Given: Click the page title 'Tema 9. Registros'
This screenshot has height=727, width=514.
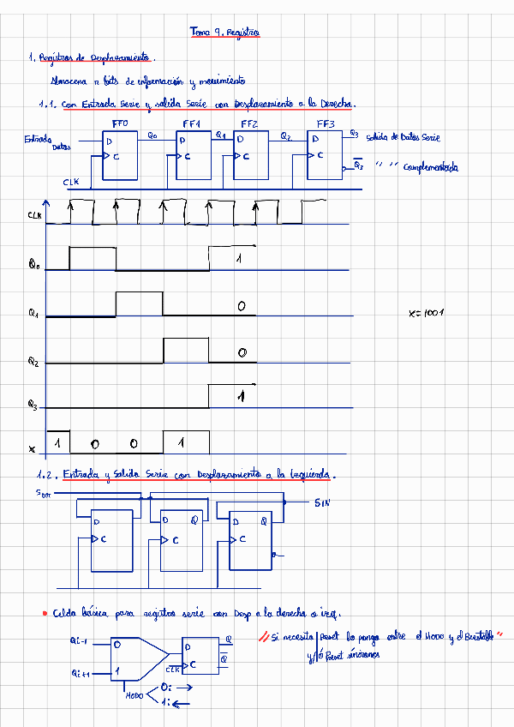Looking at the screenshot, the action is pyautogui.click(x=224, y=32).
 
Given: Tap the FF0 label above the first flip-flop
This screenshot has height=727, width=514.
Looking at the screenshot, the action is pyautogui.click(x=120, y=124).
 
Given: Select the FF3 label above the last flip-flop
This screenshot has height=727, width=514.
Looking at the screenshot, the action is pyautogui.click(x=326, y=124).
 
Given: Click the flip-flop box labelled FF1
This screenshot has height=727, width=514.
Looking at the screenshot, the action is pyautogui.click(x=194, y=153).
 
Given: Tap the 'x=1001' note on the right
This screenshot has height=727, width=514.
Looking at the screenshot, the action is pyautogui.click(x=425, y=313).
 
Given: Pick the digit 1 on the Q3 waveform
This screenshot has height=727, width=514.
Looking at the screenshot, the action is pyautogui.click(x=242, y=395).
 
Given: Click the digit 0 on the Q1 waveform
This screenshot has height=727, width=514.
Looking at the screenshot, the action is pyautogui.click(x=242, y=306).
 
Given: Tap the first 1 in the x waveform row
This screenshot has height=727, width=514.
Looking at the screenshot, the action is pyautogui.click(x=57, y=443).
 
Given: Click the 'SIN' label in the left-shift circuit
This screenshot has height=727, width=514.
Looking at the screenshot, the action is pyautogui.click(x=322, y=502).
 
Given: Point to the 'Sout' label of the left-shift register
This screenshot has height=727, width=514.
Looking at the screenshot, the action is pyautogui.click(x=43, y=493).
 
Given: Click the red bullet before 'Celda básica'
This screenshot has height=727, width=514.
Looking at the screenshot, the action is pyautogui.click(x=44, y=614).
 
